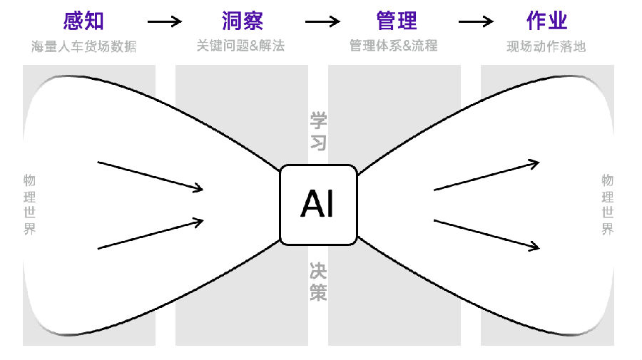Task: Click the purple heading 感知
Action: (83, 21)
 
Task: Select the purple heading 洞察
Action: (240, 21)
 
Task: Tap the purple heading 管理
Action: (396, 21)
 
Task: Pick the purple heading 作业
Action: (547, 21)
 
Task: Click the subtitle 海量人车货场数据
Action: (83, 47)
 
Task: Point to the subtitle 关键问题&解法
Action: (240, 46)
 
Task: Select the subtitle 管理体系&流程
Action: (394, 46)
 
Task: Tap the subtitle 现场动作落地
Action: (547, 47)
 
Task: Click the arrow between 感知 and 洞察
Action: (164, 21)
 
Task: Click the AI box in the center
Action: (318, 205)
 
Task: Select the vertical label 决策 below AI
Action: (318, 281)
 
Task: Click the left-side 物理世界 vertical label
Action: (29, 204)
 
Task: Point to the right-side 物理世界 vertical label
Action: (607, 204)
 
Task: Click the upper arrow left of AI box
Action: (151, 176)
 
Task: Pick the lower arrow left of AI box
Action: (151, 235)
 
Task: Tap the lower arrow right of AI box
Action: (486, 234)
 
